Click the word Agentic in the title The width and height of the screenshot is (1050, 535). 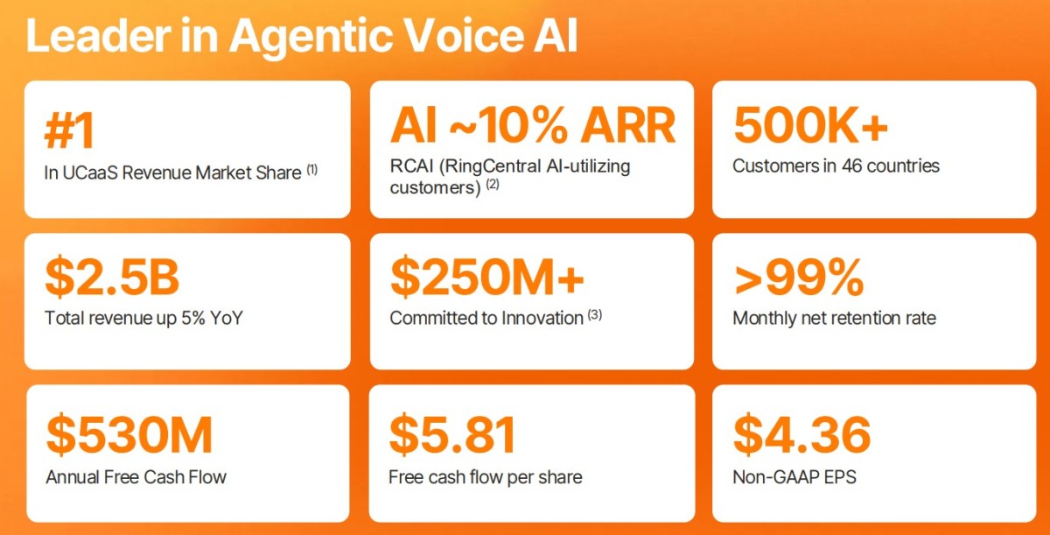(311, 38)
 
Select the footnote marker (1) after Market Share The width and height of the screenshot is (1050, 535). (312, 169)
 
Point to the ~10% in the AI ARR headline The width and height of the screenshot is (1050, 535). (509, 125)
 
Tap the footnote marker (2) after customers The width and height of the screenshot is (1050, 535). (492, 184)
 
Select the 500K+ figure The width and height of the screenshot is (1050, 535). (810, 124)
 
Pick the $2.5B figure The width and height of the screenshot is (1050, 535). (112, 277)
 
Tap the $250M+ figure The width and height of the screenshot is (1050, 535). (487, 277)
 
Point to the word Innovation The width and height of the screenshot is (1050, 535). (542, 318)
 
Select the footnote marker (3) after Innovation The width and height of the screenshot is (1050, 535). (595, 314)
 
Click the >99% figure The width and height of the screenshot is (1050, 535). (799, 277)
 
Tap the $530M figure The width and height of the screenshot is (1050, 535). (129, 434)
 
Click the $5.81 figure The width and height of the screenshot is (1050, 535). (452, 434)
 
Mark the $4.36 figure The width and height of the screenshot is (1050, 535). (802, 434)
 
